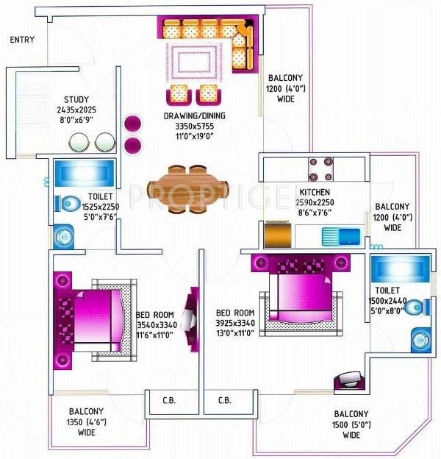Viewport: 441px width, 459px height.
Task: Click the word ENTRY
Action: coord(22,39)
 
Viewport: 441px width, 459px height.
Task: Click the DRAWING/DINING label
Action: coord(195,115)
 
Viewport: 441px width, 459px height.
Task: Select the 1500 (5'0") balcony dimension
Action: coord(351,424)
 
